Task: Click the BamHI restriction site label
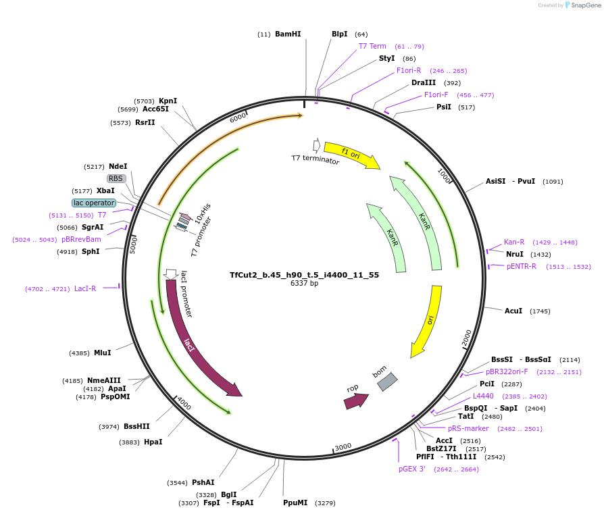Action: (288, 34)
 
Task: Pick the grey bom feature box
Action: (386, 382)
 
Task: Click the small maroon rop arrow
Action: (356, 401)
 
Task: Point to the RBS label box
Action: (116, 178)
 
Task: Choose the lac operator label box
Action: (94, 203)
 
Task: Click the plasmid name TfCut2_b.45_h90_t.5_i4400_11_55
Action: (304, 275)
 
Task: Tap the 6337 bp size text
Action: (304, 284)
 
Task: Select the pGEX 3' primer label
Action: (411, 469)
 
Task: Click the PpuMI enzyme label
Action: (295, 503)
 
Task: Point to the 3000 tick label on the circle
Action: (343, 447)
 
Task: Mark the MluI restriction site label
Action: (103, 353)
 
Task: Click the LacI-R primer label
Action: (85, 289)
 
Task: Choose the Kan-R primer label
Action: (514, 242)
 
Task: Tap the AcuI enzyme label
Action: (513, 311)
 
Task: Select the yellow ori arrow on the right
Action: (429, 320)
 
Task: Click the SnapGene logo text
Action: (585, 5)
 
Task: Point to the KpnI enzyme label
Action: (168, 101)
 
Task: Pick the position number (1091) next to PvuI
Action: (553, 181)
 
